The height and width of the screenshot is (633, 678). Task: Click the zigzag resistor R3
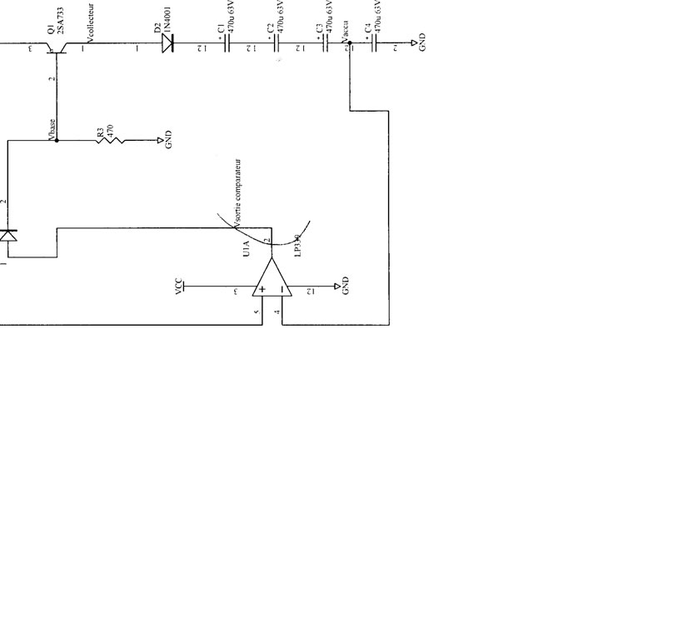point(111,141)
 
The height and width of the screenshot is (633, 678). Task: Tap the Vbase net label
point(52,128)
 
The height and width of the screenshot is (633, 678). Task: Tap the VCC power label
point(178,287)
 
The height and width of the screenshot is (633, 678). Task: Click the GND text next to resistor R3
point(169,140)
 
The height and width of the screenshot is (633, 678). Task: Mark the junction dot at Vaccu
point(350,42)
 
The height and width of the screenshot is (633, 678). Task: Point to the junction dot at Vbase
point(57,141)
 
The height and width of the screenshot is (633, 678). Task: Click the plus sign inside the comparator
point(262,290)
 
